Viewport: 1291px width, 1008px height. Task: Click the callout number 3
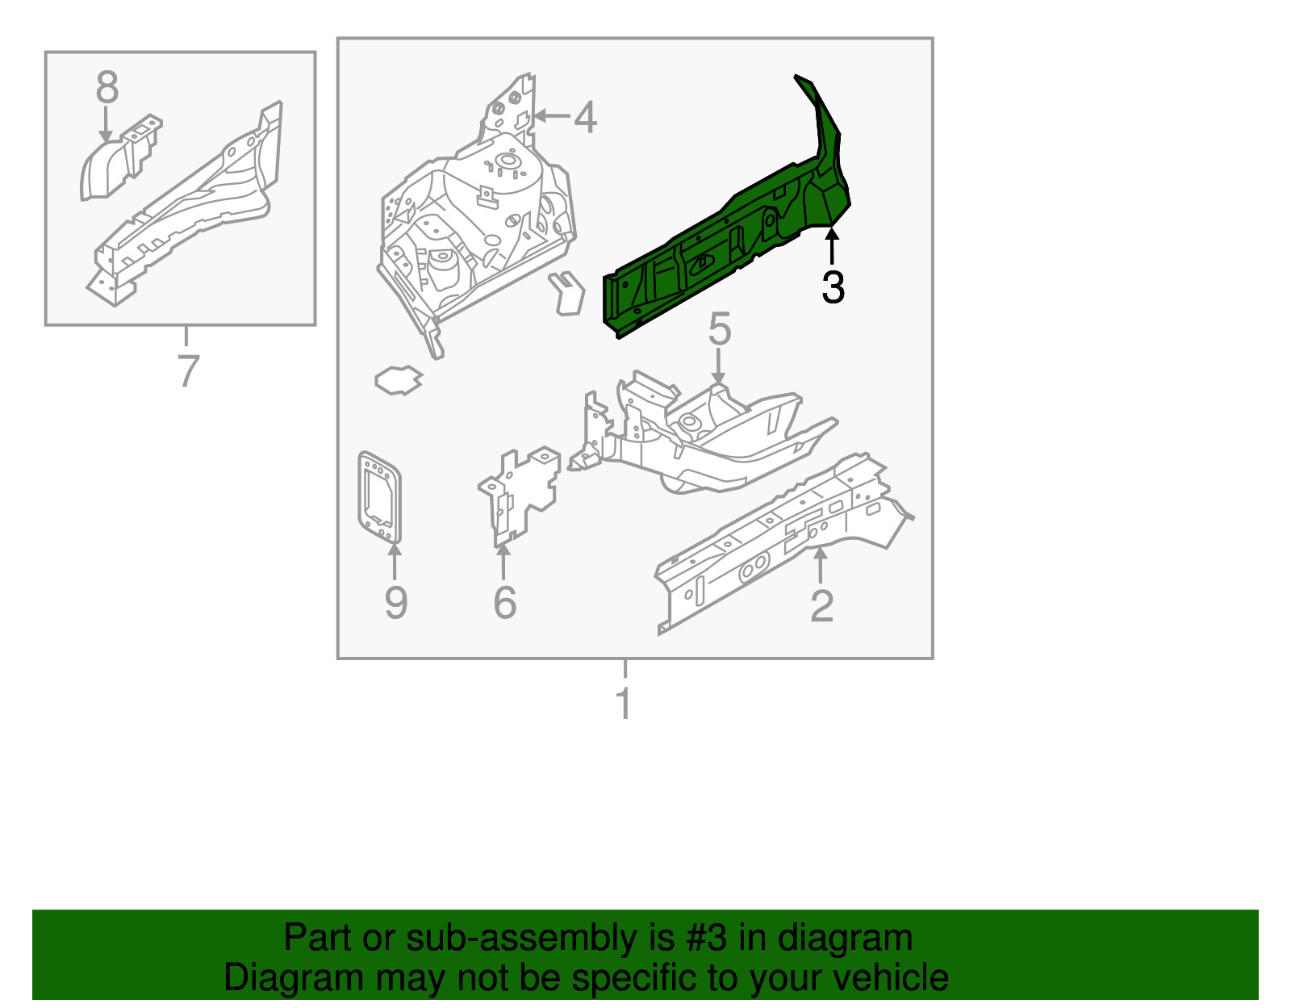(833, 287)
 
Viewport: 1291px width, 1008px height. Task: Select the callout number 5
(719, 330)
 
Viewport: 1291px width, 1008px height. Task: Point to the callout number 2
(821, 606)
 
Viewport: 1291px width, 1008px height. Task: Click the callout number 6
(504, 603)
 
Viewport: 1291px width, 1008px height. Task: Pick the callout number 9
(395, 603)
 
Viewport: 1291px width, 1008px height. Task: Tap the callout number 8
(107, 87)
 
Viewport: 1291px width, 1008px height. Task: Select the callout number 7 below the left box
(187, 371)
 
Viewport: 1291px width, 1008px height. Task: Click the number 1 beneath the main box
(624, 704)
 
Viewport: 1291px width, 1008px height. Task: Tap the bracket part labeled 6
(520, 492)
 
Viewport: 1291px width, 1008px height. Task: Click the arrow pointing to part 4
(552, 116)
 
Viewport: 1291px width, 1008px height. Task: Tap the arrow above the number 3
(832, 245)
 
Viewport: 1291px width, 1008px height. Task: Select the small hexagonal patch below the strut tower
(399, 379)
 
